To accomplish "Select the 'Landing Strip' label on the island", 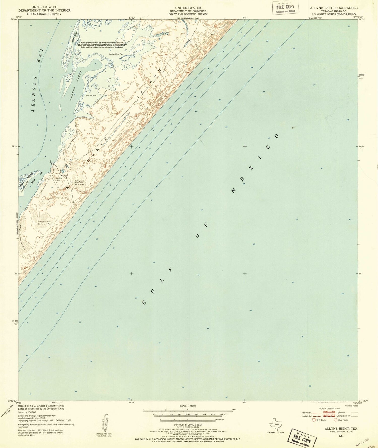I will coord(59,179).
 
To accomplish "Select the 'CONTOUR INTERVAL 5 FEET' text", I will coord(188,425).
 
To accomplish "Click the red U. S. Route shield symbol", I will coord(314,420).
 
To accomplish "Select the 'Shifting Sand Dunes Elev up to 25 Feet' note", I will coord(44,223).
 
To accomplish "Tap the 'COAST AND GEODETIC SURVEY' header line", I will coord(188,14).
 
